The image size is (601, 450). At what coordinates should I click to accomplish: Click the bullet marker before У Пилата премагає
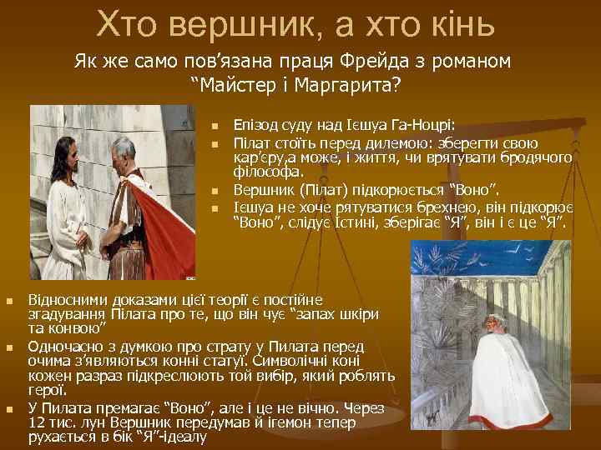[x=10, y=409]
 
